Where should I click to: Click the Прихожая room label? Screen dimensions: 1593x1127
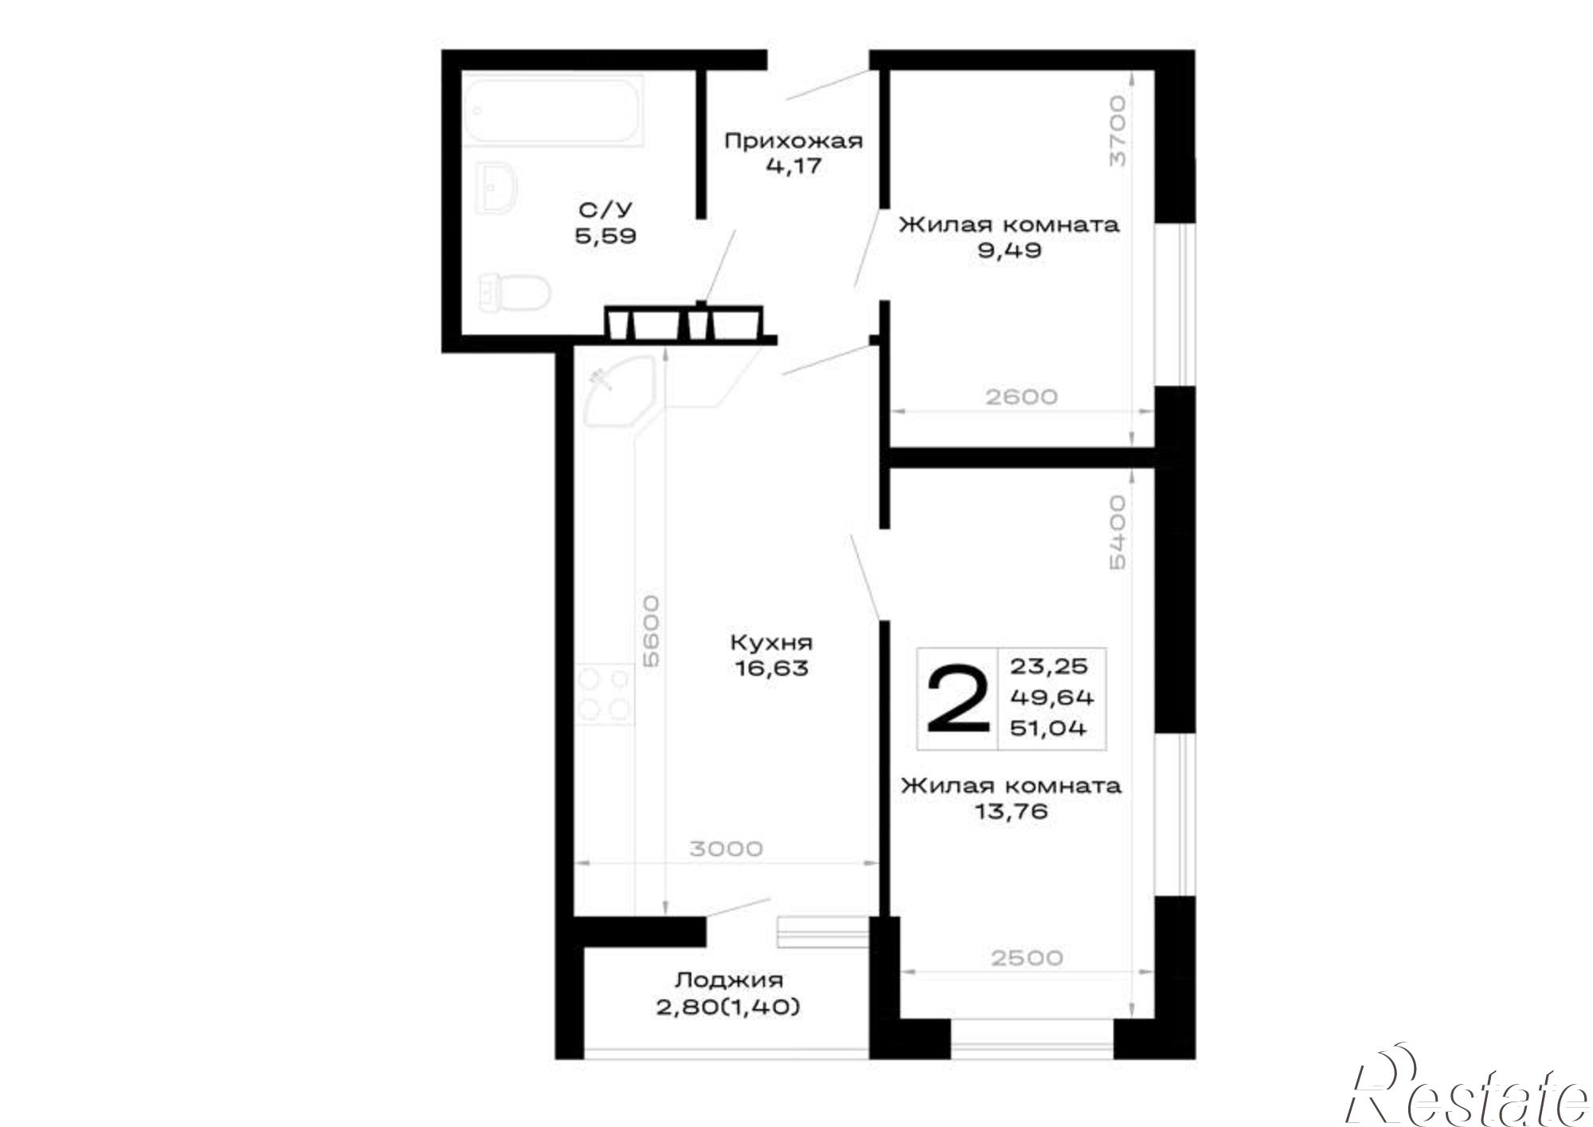[x=793, y=142]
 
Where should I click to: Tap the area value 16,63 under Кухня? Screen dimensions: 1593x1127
[x=772, y=668]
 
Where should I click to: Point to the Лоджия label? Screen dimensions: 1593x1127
[x=730, y=980]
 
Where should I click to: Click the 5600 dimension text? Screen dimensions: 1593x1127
[x=652, y=630]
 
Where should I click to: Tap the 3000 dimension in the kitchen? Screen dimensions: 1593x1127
[x=726, y=849]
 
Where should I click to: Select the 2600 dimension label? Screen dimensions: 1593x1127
[x=1021, y=396]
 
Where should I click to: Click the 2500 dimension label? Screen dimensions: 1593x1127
[x=1027, y=957]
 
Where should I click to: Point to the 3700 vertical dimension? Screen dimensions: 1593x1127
[x=1118, y=131]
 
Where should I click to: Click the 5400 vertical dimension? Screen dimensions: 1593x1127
[x=1117, y=532]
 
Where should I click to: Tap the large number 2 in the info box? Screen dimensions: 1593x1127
[x=958, y=700]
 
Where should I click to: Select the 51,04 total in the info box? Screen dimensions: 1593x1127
[x=1048, y=728]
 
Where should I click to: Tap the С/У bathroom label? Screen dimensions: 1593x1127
[x=605, y=210]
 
